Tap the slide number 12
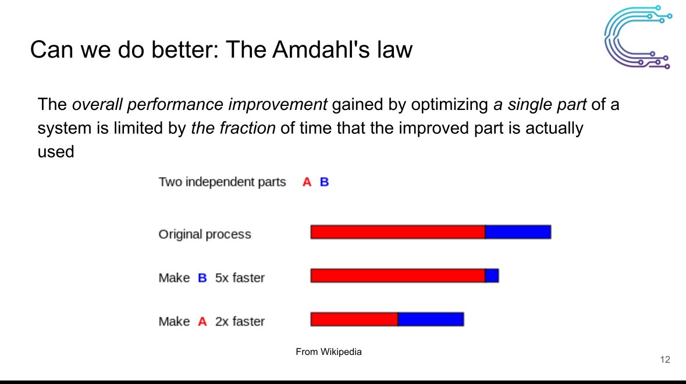tap(665, 360)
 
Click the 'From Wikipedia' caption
tap(329, 351)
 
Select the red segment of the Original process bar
tap(397, 232)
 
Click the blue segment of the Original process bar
tap(518, 232)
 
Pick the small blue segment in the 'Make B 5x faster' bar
tap(492, 276)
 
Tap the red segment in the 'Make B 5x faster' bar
tap(397, 276)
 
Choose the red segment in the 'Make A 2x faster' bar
tap(354, 319)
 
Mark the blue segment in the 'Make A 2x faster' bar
tap(431, 319)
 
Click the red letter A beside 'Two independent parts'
tap(307, 182)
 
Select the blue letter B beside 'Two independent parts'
tap(324, 182)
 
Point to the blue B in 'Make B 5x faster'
tap(202, 278)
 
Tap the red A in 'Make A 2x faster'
tap(202, 322)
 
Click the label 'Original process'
tap(205, 234)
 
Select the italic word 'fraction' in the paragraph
tap(248, 127)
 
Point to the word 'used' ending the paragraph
tap(55, 152)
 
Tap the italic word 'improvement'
tap(278, 105)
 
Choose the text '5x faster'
tap(240, 278)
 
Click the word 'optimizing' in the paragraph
tap(449, 105)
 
